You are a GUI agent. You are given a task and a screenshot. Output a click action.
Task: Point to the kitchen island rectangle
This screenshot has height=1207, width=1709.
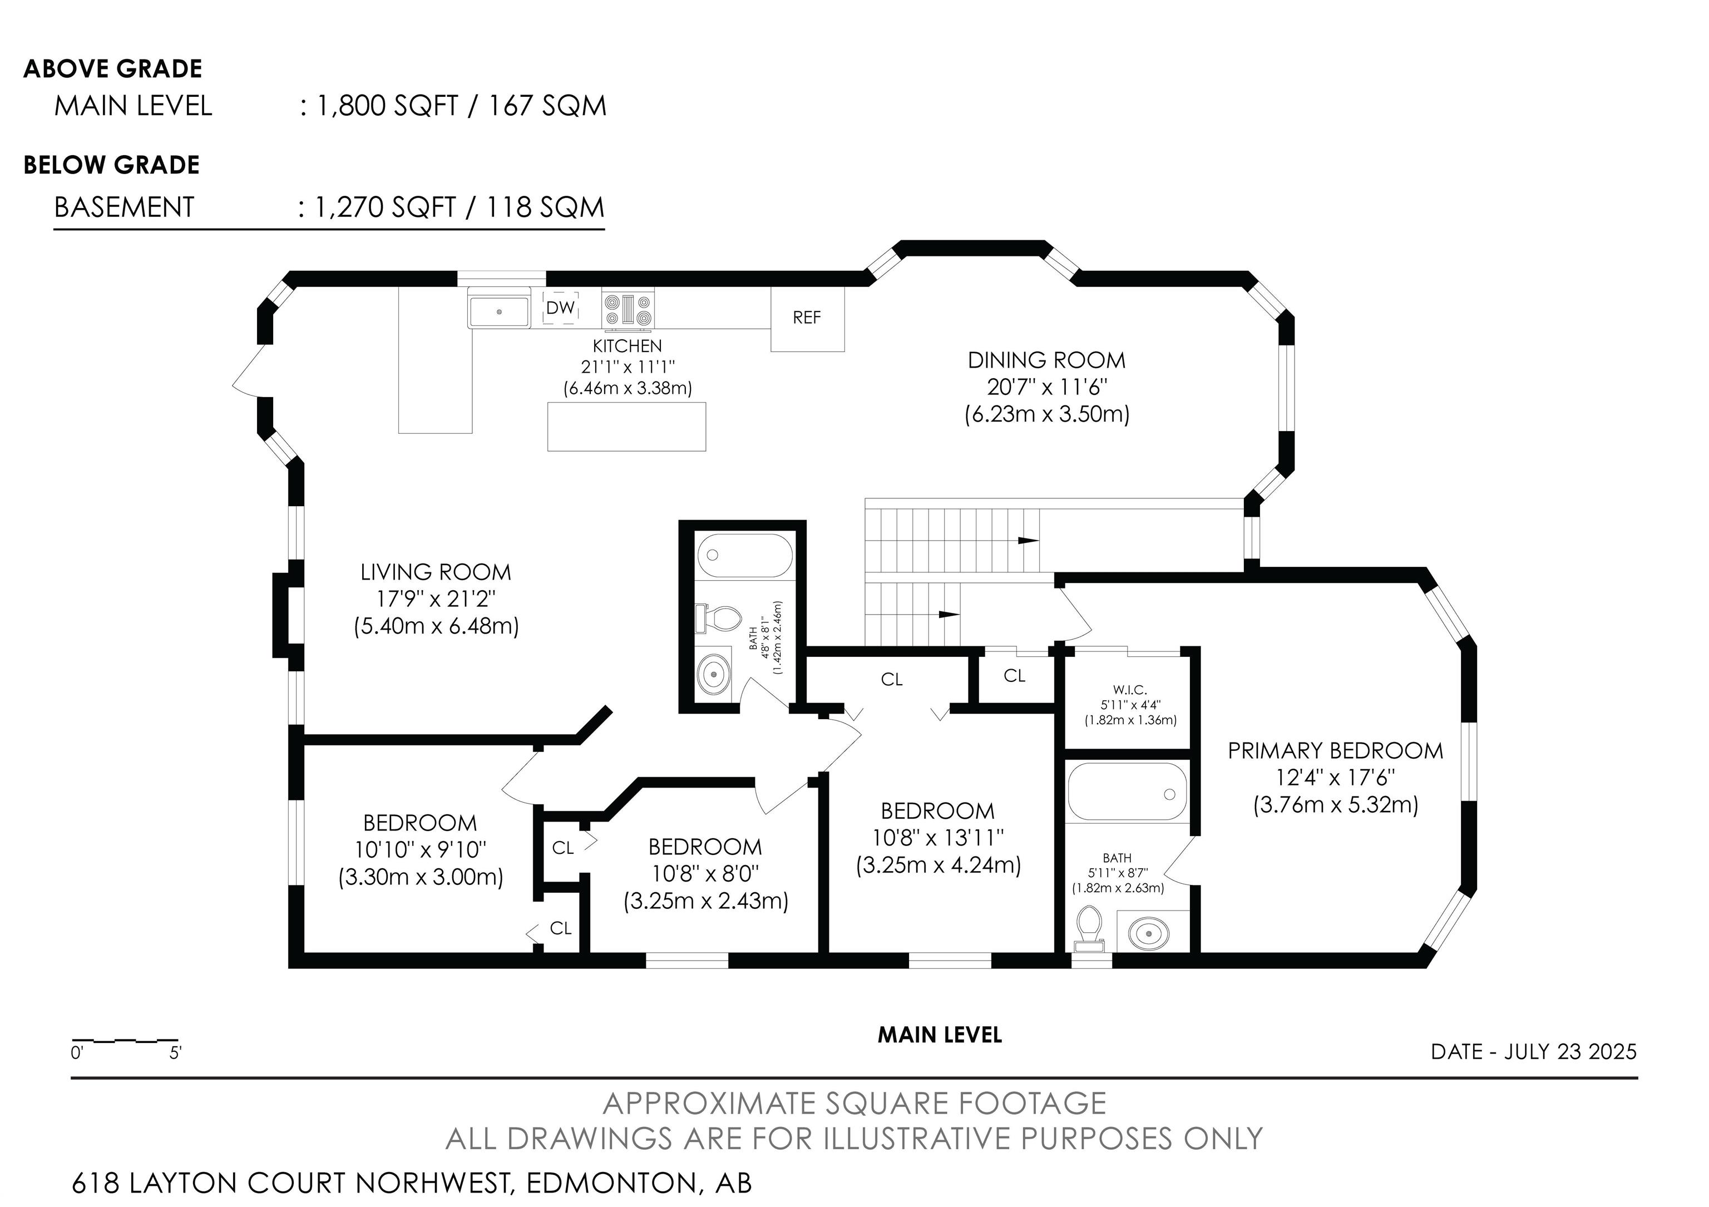pos(627,427)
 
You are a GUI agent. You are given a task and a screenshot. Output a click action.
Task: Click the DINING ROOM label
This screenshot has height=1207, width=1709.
pos(1046,361)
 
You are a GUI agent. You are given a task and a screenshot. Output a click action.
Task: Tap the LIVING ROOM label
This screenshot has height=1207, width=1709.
pos(436,572)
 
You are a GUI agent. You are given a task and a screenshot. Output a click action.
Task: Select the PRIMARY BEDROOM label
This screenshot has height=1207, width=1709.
pos(1335,751)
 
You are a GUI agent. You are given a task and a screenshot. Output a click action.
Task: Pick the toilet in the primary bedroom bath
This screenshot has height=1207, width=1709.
pos(1090,928)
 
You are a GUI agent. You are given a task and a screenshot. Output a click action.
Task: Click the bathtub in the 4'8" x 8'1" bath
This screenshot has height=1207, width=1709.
pos(745,555)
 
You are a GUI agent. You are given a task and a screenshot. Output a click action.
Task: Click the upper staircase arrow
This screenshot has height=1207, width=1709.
pos(1028,540)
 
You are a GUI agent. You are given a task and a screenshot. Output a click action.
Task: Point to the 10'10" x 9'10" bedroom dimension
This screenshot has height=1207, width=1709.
pos(421,849)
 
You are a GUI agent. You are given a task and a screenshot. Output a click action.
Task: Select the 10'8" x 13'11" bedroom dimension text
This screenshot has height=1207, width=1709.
pos(938,838)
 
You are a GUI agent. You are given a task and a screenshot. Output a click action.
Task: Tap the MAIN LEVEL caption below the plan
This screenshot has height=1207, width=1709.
pos(940,1035)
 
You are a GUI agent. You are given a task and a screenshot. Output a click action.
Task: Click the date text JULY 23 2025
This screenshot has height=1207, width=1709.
pos(1570,1051)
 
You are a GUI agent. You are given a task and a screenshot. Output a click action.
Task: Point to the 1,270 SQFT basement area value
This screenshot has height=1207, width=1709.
pos(386,207)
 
